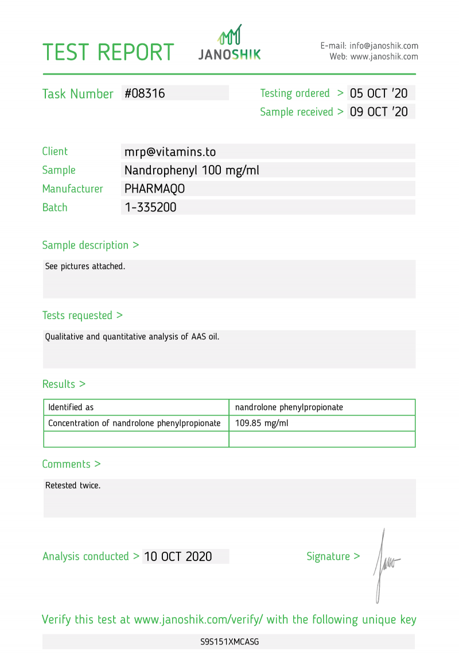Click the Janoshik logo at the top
click(x=229, y=44)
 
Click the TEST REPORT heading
click(x=108, y=52)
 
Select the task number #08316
click(x=145, y=93)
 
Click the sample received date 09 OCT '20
click(x=379, y=112)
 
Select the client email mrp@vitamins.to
click(x=170, y=152)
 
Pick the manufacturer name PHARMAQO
click(x=154, y=189)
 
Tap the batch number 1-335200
click(x=150, y=207)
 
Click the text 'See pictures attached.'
click(x=85, y=266)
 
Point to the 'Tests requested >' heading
click(x=83, y=315)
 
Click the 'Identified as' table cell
click(x=71, y=407)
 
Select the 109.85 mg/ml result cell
click(x=262, y=423)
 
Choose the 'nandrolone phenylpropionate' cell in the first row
click(x=289, y=407)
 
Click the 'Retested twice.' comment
click(x=73, y=485)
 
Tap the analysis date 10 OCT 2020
click(x=178, y=556)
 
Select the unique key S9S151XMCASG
click(x=229, y=642)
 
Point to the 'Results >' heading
click(x=64, y=384)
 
